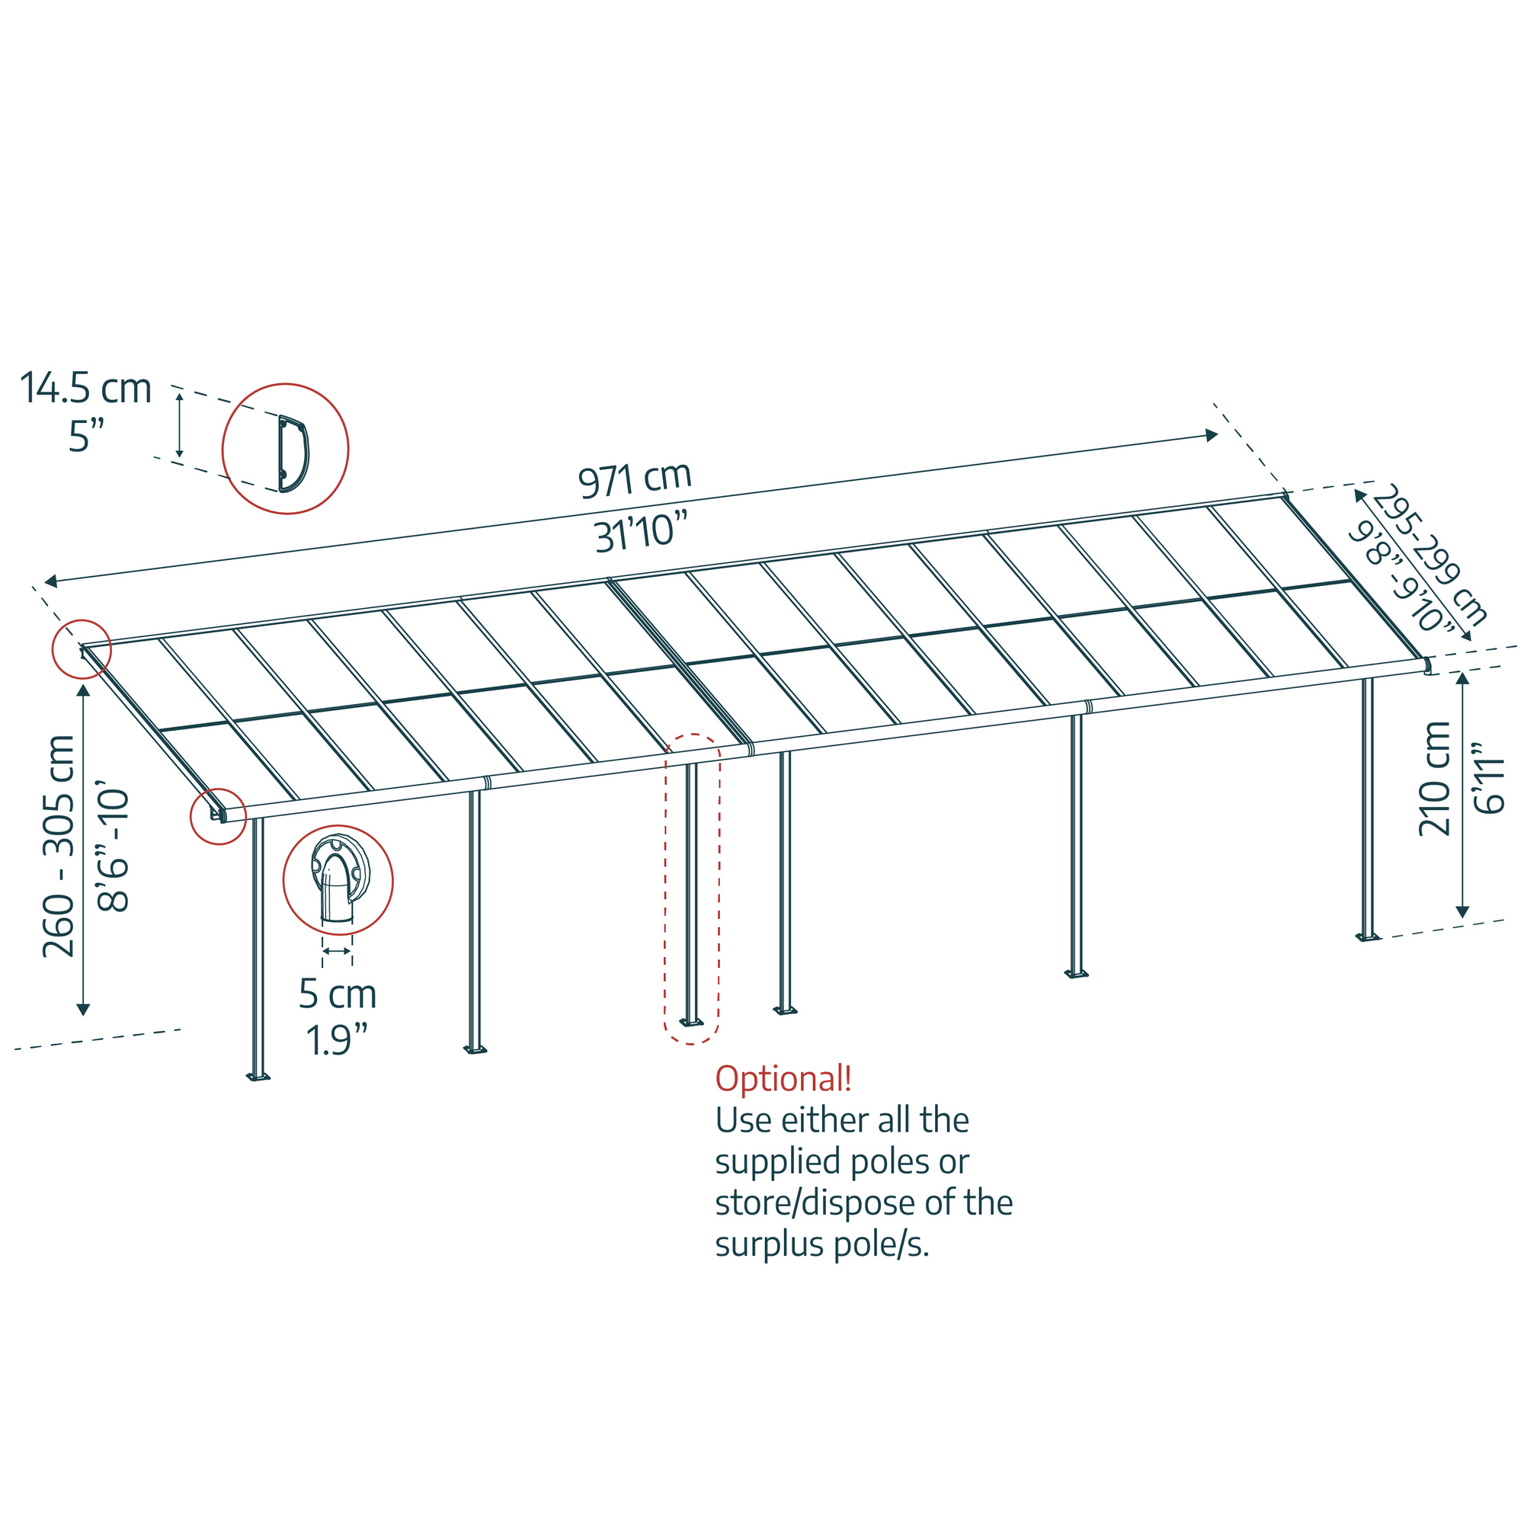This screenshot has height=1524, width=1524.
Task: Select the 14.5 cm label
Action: (85, 389)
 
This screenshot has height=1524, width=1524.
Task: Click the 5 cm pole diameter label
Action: (338, 994)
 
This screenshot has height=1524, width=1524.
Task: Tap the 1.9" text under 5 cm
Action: (338, 1039)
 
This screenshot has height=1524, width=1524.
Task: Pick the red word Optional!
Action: (783, 1078)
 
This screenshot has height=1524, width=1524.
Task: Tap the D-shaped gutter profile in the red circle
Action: (293, 453)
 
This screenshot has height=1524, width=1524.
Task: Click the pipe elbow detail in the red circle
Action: (338, 879)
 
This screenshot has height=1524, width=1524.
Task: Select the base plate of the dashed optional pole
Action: (691, 1023)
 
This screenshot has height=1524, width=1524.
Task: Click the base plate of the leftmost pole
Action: (258, 1077)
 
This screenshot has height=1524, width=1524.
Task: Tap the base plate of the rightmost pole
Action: (1368, 937)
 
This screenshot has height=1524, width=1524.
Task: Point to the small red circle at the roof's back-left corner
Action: (82, 649)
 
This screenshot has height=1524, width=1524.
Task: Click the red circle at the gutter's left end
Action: (218, 815)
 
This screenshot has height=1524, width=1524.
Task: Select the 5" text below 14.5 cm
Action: (86, 436)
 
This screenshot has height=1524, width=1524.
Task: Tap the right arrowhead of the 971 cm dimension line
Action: (1212, 434)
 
